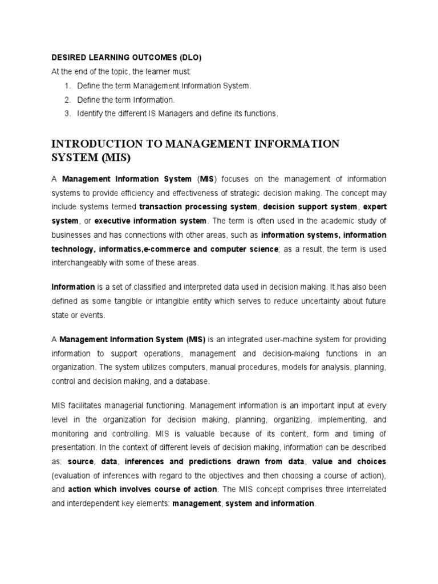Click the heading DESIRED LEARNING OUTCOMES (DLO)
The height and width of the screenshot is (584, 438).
point(127,58)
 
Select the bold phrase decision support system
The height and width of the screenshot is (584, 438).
point(311,206)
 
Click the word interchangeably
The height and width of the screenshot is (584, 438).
point(86,263)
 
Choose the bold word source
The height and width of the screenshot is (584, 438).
point(81,461)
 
